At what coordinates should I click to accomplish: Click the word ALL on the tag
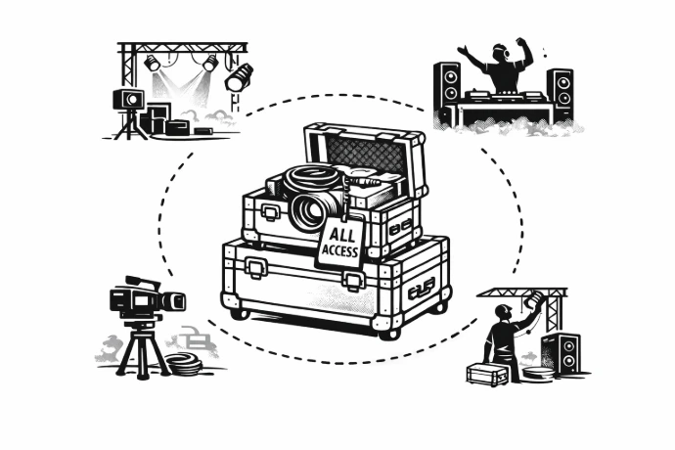342,235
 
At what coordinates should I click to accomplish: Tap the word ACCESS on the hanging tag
340,249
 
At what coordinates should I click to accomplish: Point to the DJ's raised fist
521,42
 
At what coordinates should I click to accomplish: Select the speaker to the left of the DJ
447,91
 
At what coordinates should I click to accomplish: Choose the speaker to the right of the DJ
561,94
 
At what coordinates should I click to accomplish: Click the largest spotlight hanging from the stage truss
239,77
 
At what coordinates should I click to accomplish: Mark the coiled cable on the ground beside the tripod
184,363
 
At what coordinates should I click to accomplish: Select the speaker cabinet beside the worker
562,354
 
